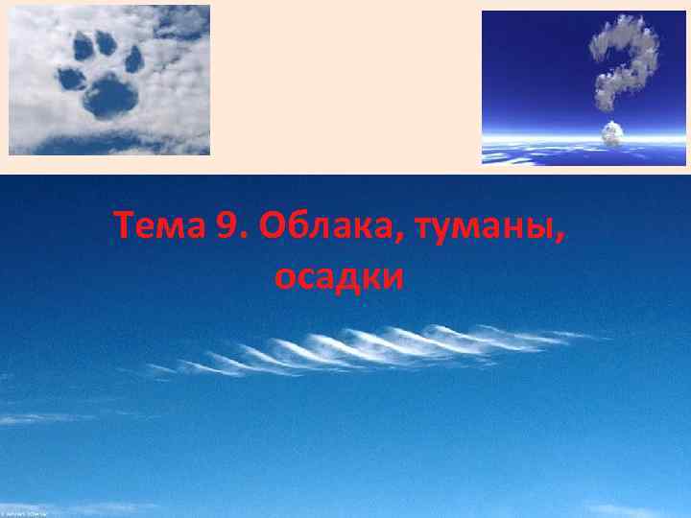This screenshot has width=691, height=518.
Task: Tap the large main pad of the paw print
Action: tap(111, 95)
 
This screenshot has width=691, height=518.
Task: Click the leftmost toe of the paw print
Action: tap(70, 78)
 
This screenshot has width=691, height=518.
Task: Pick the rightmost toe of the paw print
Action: tap(133, 59)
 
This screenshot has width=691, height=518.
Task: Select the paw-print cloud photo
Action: tap(109, 80)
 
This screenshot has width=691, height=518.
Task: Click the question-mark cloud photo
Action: tap(584, 88)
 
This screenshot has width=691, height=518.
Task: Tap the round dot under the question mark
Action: tap(611, 134)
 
